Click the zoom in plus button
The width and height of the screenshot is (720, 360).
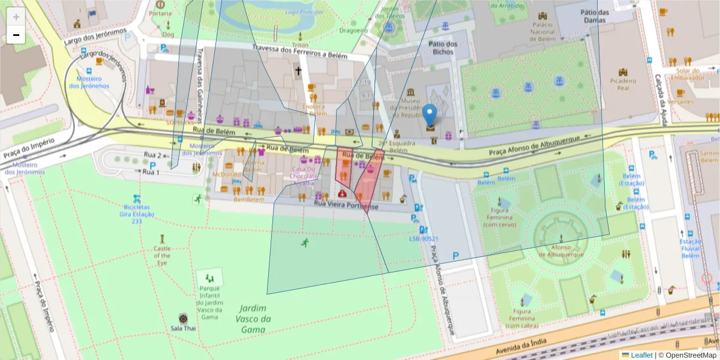click(16, 17)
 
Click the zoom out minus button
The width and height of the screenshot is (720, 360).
click(16, 35)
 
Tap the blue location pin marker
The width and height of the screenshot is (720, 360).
click(430, 116)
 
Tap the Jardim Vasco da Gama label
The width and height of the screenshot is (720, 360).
click(253, 319)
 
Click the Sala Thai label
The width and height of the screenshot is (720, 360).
click(183, 328)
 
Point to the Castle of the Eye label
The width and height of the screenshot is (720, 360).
click(162, 256)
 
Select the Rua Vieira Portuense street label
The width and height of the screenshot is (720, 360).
click(347, 206)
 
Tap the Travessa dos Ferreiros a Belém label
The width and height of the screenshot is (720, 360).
click(299, 52)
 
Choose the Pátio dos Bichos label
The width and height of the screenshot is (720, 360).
click(443, 48)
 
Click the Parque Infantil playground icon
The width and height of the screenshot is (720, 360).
click(209, 277)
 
